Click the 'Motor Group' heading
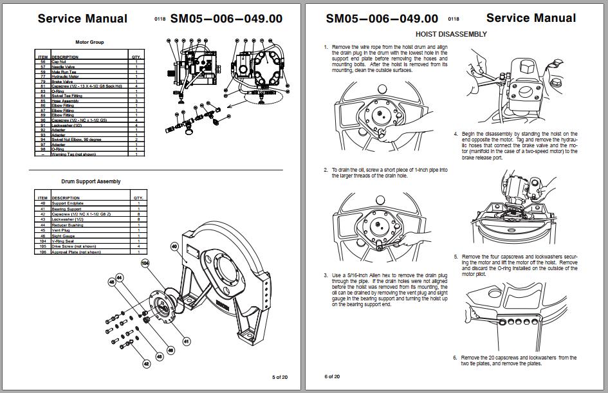90,42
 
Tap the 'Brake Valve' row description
63,82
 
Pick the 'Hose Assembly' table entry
66,101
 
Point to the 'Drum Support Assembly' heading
91,181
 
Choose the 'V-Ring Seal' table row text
64,242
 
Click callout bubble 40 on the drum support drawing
174,246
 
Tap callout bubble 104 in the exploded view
145,263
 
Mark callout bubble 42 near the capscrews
146,364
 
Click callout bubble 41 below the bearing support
186,341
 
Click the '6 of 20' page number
333,376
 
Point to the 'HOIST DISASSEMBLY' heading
451,34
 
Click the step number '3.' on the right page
326,275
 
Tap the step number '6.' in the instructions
455,358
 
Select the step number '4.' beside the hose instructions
455,134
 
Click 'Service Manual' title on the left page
82,19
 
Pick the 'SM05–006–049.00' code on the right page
382,19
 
